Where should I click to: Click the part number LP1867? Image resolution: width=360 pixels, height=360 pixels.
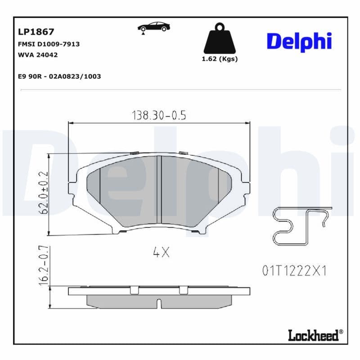point(36,32)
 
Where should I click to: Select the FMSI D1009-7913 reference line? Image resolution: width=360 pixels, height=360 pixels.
point(49,44)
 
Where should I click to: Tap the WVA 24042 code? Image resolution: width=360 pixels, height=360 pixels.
point(38,55)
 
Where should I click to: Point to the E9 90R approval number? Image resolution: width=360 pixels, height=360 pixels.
point(59,76)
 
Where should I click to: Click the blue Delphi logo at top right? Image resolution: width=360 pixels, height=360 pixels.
point(299,41)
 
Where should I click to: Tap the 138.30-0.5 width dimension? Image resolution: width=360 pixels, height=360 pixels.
point(158,115)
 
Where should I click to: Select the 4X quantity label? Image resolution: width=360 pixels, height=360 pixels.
point(161,252)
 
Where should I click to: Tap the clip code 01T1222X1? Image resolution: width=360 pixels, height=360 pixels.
point(293,270)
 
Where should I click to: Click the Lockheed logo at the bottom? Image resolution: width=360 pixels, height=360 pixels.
point(315,335)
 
